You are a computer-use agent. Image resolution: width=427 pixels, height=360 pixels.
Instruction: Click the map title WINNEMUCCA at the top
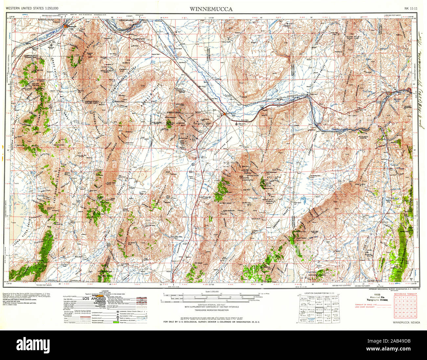click(x=211, y=9)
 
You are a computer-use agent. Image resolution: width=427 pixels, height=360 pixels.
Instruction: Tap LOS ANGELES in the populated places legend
click(x=94, y=299)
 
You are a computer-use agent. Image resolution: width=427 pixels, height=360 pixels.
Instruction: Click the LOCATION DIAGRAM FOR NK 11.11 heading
click(x=318, y=292)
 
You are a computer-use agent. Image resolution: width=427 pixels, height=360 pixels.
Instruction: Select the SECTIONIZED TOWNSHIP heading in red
click(x=406, y=294)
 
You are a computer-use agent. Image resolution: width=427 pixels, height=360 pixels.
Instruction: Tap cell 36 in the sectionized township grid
click(x=415, y=316)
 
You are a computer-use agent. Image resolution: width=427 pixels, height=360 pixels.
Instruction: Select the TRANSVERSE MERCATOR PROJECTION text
click(x=211, y=310)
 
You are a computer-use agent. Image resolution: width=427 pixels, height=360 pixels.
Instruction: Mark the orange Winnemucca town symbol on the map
click(x=66, y=26)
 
